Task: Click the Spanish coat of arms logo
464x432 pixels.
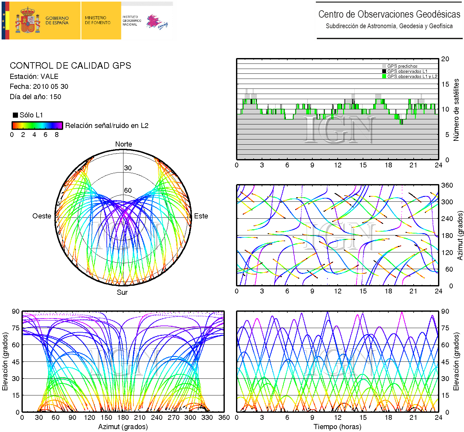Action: [28, 21]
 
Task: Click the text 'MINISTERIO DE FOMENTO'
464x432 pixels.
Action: [97, 20]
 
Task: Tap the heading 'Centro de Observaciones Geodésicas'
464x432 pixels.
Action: [389, 14]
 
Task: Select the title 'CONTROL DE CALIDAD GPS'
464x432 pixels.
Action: [71, 66]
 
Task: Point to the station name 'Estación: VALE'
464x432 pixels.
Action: [34, 77]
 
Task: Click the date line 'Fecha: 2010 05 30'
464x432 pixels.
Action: [39, 87]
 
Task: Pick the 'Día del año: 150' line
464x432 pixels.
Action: [35, 97]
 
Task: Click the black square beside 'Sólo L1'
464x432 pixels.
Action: [15, 115]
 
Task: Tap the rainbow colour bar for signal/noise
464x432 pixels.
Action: [37, 125]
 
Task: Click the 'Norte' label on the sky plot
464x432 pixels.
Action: [123, 144]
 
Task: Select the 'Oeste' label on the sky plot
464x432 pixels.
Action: [42, 216]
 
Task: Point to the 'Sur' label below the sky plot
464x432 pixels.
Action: [122, 292]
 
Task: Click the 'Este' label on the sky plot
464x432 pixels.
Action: [201, 216]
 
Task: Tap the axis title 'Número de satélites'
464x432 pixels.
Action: [456, 110]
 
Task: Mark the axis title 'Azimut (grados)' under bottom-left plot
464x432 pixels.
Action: [123, 427]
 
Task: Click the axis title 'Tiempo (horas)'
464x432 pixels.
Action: [337, 427]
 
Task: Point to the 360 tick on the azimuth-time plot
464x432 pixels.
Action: [447, 185]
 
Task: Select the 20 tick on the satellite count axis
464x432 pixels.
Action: [445, 59]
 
